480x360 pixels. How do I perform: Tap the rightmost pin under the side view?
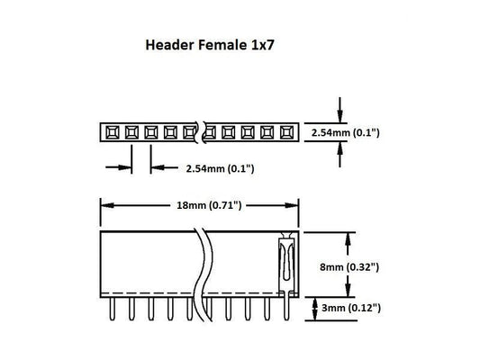(x=285, y=309)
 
